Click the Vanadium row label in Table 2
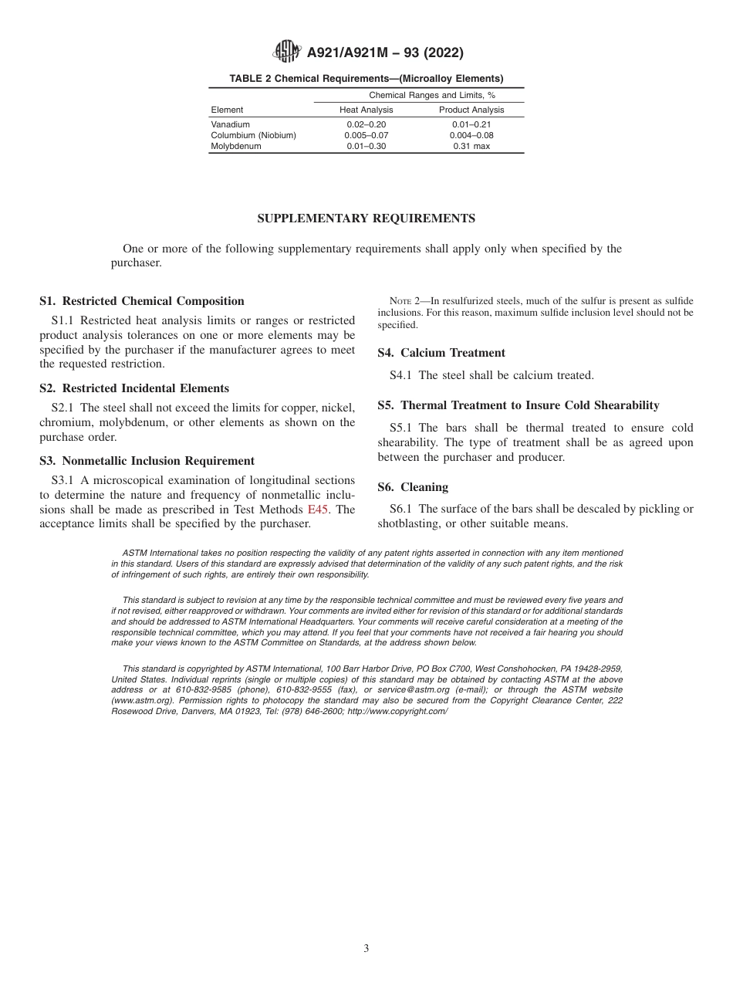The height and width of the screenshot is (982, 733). point(230,124)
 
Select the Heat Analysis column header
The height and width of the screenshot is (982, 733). point(366,110)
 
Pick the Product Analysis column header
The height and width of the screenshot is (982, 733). point(471,110)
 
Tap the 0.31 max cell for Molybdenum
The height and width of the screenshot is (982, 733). point(471,146)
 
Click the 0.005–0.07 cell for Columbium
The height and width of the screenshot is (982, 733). point(366,135)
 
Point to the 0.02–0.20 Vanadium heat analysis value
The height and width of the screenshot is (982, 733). point(366,124)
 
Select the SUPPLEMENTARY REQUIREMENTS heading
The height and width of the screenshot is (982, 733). point(366,218)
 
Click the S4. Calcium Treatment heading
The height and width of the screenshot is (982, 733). point(441,353)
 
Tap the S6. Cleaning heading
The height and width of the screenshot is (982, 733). point(413,487)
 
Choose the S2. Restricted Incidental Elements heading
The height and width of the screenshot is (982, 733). point(134,388)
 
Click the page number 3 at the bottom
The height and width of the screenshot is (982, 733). point(366,949)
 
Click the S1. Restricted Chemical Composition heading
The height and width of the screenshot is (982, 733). point(142,301)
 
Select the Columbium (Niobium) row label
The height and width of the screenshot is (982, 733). point(253,135)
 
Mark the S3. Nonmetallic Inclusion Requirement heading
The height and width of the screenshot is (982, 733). point(147,461)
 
